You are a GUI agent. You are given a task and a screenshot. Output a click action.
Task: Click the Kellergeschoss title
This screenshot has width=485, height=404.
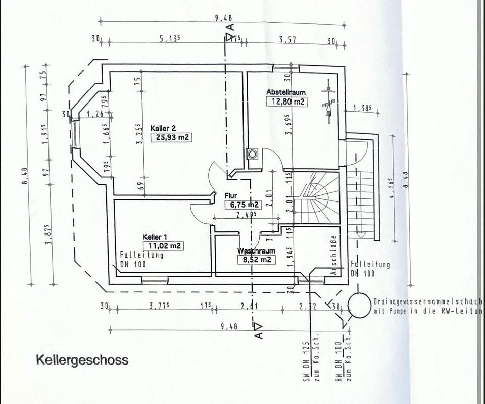coord(82,360)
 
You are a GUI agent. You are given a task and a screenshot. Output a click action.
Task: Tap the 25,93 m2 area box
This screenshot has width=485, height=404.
coord(171,137)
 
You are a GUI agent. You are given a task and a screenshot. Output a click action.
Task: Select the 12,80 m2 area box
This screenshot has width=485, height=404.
coord(286,101)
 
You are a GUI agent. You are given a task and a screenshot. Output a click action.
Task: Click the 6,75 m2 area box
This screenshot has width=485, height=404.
coord(243,205)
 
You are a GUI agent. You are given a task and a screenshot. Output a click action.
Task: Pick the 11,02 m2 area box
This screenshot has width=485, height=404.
coord(164,246)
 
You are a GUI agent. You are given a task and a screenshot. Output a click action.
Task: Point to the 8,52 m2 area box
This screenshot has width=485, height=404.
coord(256,260)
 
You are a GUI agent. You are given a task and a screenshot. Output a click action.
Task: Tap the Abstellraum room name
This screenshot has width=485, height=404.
coord(286,92)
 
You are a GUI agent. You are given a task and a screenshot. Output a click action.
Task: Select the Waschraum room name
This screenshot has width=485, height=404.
coord(257,251)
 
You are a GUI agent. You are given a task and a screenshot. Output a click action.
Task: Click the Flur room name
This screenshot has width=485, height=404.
coord(231,195)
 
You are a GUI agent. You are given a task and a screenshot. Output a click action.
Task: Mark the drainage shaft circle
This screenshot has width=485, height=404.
coord(360,305)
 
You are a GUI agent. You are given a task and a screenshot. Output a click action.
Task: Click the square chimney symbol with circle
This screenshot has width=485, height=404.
coord(252,154)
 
